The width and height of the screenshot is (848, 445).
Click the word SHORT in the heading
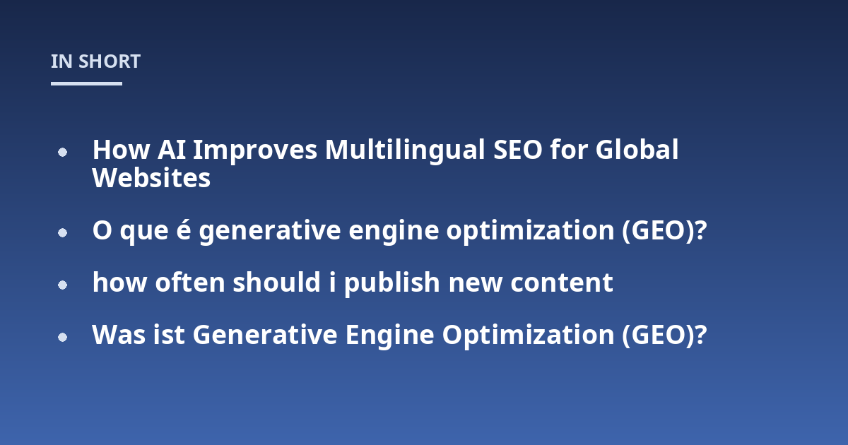[110, 61]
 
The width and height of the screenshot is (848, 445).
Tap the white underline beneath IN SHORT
[86, 83]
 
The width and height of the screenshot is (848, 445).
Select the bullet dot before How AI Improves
[62, 152]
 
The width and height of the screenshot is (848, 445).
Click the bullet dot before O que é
[62, 232]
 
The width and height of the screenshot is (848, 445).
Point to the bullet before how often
[62, 285]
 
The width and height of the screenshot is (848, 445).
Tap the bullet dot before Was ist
[62, 337]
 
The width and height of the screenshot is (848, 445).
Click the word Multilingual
[405, 150]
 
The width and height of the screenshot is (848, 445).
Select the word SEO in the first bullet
[518, 150]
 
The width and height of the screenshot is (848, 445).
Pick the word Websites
[151, 178]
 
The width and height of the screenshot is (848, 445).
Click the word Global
[637, 149]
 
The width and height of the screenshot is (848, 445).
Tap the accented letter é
[184, 230]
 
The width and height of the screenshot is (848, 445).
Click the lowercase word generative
[270, 231]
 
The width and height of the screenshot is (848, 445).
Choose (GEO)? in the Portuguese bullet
[664, 230]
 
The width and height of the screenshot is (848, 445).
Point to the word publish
[391, 283]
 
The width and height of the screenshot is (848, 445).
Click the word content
[562, 283]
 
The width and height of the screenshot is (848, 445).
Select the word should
[277, 282]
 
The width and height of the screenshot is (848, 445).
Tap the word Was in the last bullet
[119, 335]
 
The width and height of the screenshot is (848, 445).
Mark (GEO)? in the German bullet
[664, 336]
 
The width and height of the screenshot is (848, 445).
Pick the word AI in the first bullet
[172, 150]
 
